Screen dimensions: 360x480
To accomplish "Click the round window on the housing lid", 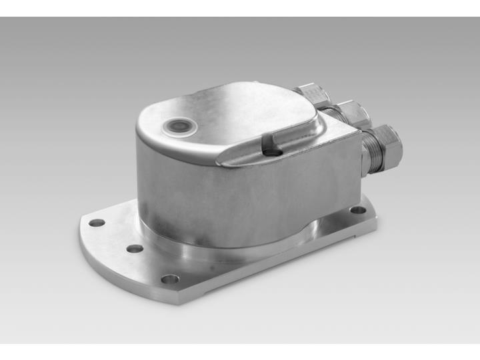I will pos(178,125).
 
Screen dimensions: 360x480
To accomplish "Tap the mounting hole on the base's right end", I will pos(358,210).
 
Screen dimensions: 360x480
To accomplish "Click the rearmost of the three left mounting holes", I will pos(97,223).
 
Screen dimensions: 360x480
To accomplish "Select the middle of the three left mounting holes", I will pos(135,248).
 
